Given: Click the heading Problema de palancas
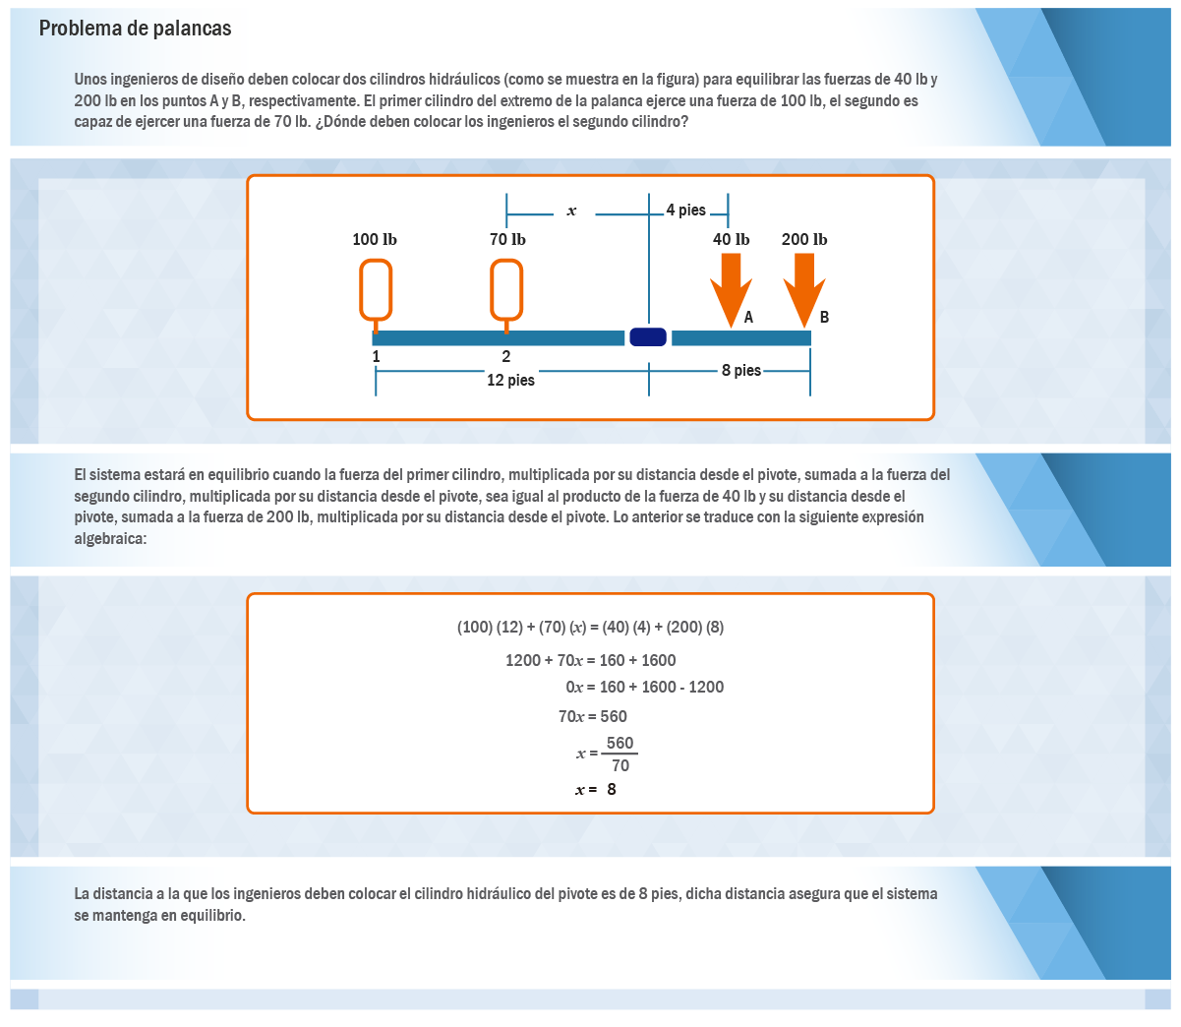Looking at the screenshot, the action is click(x=135, y=29).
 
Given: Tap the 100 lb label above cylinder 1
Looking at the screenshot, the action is click(x=375, y=240).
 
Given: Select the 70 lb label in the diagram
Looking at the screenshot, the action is click(x=507, y=240).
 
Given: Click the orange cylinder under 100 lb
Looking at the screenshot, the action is click(x=376, y=291).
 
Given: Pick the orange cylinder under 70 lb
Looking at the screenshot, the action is click(x=506, y=291).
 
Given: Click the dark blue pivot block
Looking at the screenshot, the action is click(x=648, y=337).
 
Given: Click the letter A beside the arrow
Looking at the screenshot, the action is click(x=748, y=317).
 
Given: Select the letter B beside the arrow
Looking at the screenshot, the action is click(x=824, y=317).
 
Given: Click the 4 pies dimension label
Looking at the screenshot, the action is click(x=685, y=210).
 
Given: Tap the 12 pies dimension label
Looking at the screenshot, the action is click(x=510, y=380).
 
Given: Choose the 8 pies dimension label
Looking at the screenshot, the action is click(x=741, y=370).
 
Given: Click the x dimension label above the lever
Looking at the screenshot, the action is click(x=571, y=211).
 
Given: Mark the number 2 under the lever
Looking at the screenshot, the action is click(x=506, y=356).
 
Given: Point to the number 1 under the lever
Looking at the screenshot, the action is click(x=376, y=357).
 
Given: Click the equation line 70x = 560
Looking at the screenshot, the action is click(x=592, y=716).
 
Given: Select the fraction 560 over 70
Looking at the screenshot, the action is click(x=620, y=754).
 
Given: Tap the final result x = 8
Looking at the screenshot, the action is click(x=596, y=789).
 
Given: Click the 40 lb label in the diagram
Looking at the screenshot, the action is click(x=731, y=240).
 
